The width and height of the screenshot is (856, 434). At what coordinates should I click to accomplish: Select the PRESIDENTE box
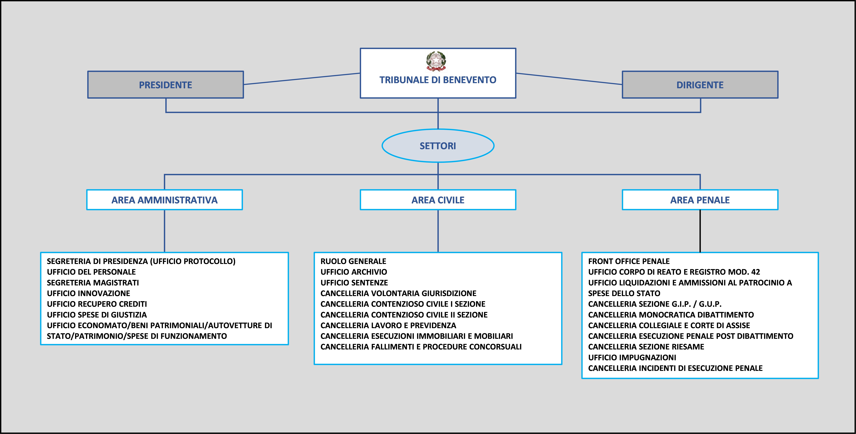(166, 85)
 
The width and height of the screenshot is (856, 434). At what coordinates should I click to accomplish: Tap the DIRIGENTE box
(700, 85)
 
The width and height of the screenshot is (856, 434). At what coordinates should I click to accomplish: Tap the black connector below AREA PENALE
(700, 231)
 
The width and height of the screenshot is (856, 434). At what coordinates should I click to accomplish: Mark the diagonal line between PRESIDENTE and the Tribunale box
(302, 79)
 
